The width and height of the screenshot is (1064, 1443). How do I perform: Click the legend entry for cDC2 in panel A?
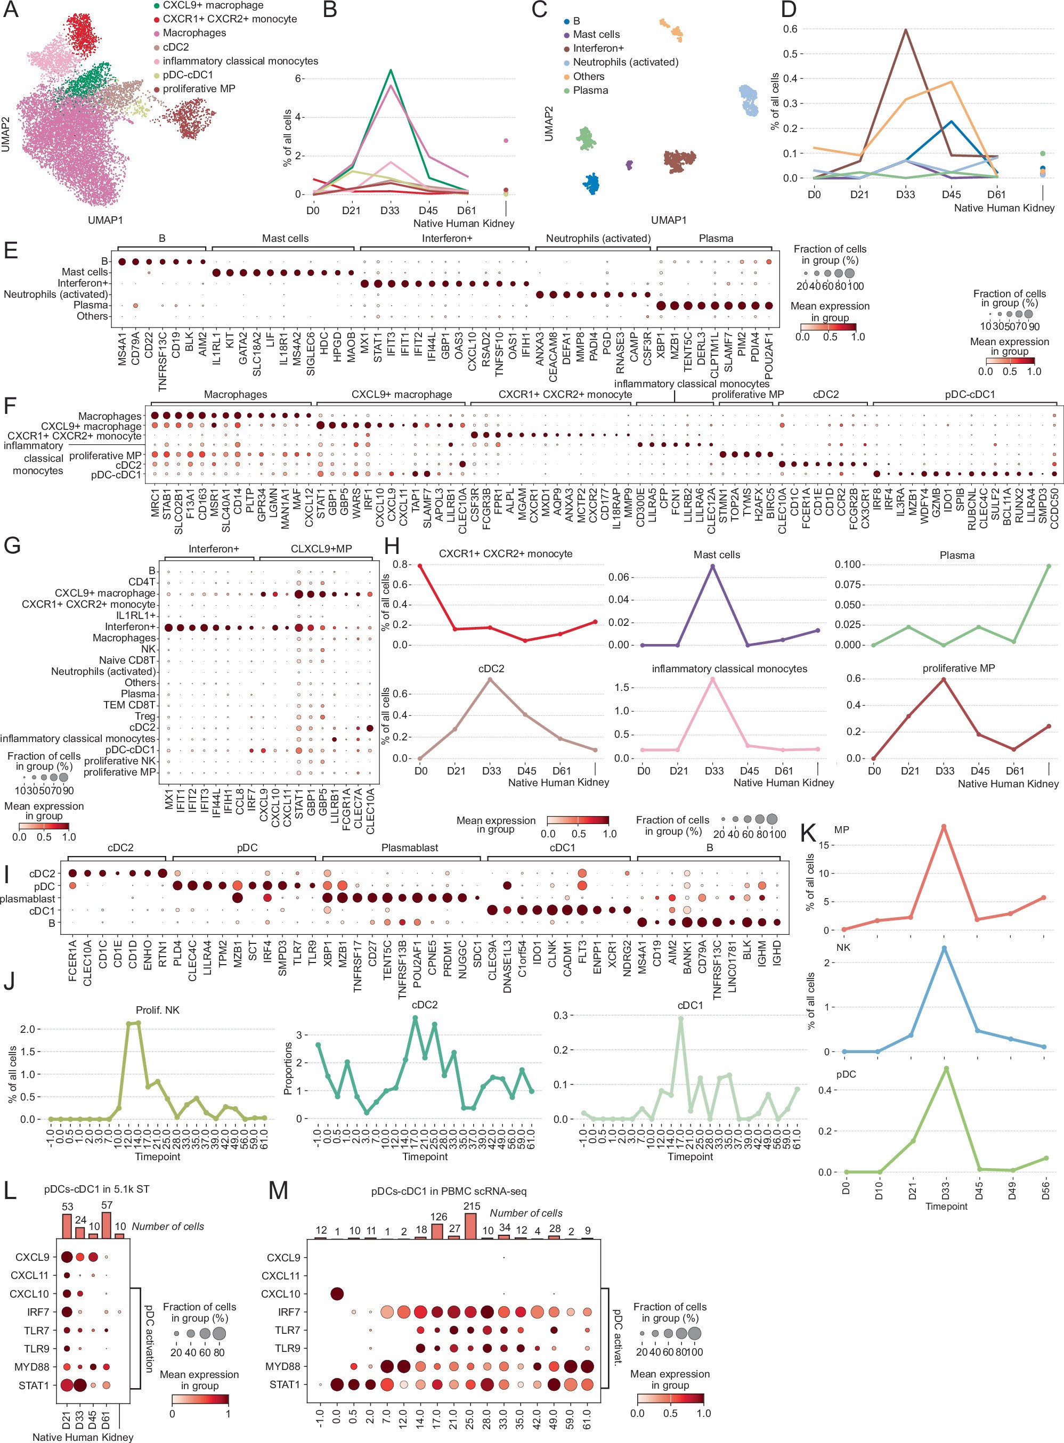(x=175, y=47)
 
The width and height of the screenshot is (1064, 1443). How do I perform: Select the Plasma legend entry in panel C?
(x=590, y=91)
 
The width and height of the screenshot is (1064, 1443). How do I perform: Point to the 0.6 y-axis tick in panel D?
(x=790, y=29)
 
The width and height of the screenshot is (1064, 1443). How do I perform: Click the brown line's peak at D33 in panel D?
(x=906, y=30)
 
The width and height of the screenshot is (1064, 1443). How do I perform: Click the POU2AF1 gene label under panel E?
(x=769, y=354)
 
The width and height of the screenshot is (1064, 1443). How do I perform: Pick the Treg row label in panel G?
(x=145, y=716)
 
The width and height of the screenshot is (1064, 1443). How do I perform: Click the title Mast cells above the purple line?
(x=716, y=555)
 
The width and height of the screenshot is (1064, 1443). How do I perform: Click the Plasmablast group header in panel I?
(x=410, y=847)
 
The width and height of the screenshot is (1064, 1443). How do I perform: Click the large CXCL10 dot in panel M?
(x=336, y=1294)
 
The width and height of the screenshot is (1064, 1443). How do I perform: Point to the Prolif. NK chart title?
(x=157, y=1010)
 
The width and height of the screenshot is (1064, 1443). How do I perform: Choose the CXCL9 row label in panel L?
(x=32, y=1257)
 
